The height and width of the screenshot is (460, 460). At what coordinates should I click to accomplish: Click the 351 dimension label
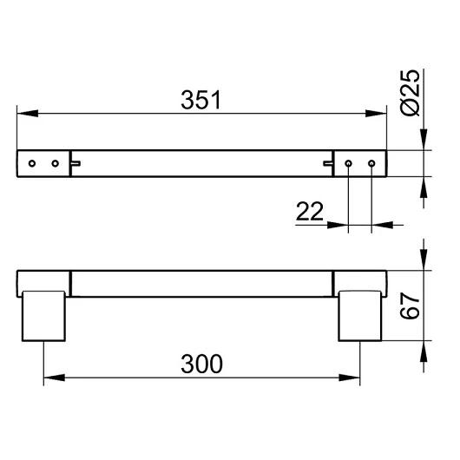(x=200, y=100)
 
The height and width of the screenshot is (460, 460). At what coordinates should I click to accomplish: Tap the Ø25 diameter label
(x=410, y=93)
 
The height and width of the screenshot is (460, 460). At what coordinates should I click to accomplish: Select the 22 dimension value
(x=310, y=211)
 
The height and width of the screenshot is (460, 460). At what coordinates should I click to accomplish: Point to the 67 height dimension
(x=410, y=306)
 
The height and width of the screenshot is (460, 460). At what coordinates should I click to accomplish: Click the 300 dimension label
(x=202, y=364)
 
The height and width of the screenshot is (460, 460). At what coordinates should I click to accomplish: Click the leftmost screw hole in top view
(x=32, y=163)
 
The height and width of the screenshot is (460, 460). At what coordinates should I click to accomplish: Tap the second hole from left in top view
(x=56, y=163)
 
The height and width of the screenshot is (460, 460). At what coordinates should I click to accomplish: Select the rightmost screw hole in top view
(x=371, y=163)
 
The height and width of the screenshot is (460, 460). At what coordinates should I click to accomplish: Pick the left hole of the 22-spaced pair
(x=348, y=163)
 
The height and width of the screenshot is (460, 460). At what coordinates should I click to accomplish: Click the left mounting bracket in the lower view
(x=43, y=316)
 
